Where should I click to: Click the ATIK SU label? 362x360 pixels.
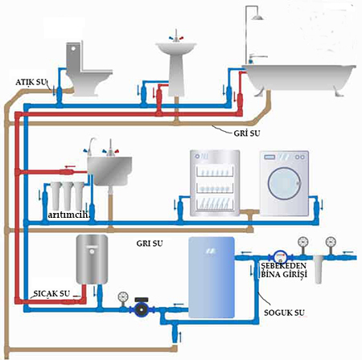pyautogui.click(x=31, y=82)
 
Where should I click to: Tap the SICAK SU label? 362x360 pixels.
pyautogui.click(x=51, y=293)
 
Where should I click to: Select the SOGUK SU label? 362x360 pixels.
pyautogui.click(x=284, y=313)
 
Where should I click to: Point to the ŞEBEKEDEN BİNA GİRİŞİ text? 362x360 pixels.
pyautogui.click(x=284, y=270)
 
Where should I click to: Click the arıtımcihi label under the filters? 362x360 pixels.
pyautogui.click(x=68, y=215)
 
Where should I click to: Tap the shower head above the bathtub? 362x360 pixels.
pyautogui.click(x=257, y=18)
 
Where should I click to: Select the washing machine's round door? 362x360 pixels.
pyautogui.click(x=284, y=183)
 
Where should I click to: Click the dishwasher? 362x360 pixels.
pyautogui.click(x=215, y=183)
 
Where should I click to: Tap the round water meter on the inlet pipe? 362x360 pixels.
pyautogui.click(x=280, y=257)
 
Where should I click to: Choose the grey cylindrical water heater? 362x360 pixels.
pyautogui.click(x=92, y=260)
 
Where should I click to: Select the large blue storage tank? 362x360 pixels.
pyautogui.click(x=212, y=277)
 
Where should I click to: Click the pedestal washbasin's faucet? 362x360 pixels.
pyautogui.click(x=176, y=37)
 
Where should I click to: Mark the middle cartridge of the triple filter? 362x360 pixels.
pyautogui.click(x=67, y=195)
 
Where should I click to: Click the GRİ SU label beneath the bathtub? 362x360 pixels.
pyautogui.click(x=247, y=133)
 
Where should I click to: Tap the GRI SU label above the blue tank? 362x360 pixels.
pyautogui.click(x=150, y=243)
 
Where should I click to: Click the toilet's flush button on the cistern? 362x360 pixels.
pyautogui.click(x=73, y=49)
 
